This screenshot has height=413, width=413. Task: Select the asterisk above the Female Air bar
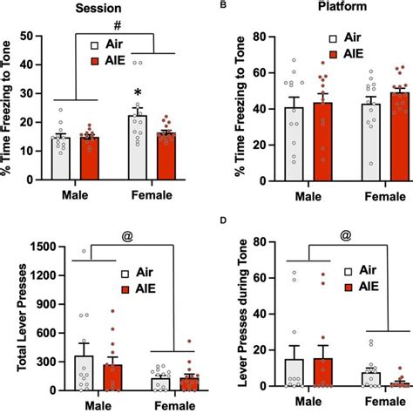(x=138, y=93)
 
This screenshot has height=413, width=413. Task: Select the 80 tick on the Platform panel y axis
(x=247, y=36)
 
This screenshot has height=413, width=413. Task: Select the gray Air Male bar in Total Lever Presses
(x=60, y=371)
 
